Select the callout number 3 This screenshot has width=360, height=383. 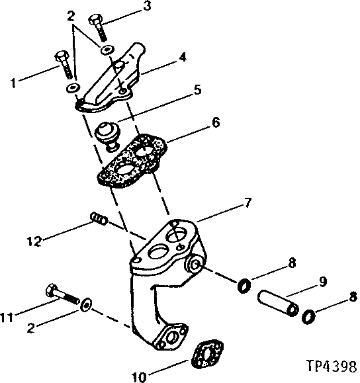click(x=146, y=7)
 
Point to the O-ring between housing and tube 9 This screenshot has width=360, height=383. click(x=244, y=286)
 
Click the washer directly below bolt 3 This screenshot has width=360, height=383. click(x=106, y=51)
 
